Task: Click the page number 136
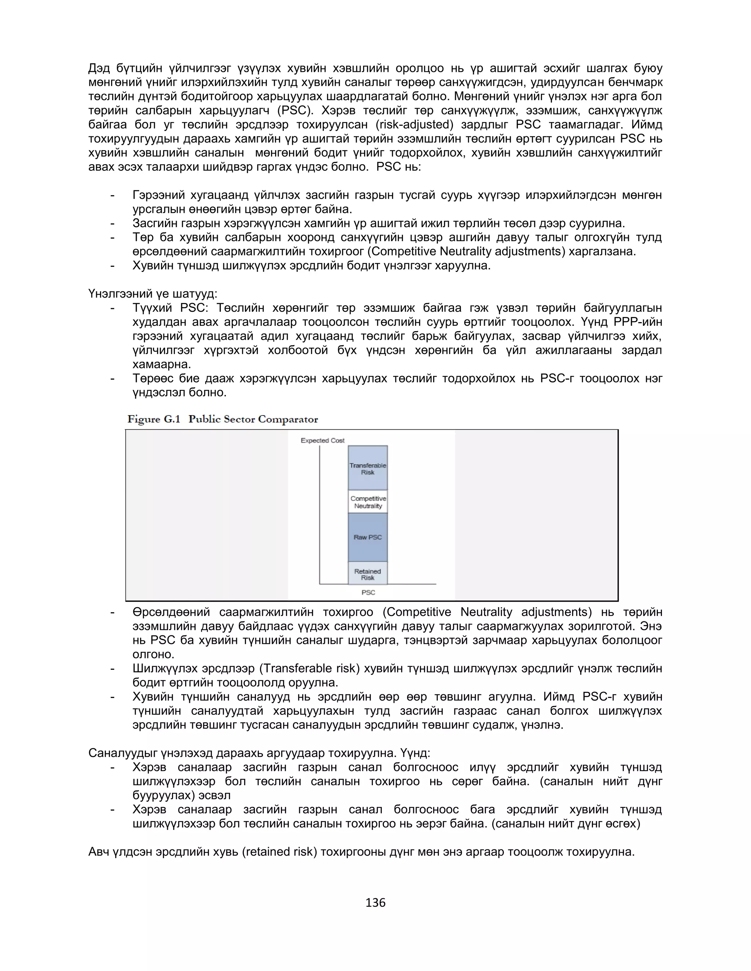click(375, 902)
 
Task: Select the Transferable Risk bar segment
click(367, 469)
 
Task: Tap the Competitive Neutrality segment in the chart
click(367, 502)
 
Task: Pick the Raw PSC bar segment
click(367, 537)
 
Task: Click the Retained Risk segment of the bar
click(367, 574)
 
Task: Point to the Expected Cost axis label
click(323, 440)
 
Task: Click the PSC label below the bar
click(368, 592)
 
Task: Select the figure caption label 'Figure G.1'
click(154, 419)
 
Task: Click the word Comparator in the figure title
click(288, 419)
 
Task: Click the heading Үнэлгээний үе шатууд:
click(153, 294)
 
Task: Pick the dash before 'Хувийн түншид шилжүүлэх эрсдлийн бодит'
click(113, 266)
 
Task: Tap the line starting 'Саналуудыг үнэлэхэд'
click(259, 753)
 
